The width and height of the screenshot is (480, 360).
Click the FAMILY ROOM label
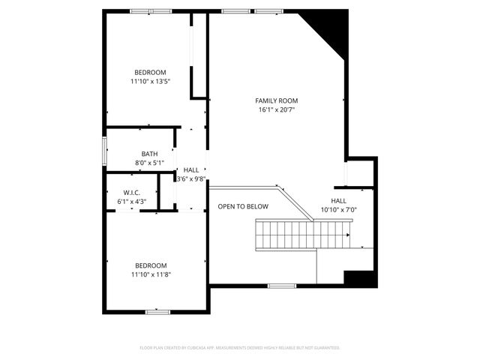277,100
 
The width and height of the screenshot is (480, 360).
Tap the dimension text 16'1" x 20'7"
277,110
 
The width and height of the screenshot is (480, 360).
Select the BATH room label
149,154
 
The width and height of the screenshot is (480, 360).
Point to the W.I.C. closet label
132,192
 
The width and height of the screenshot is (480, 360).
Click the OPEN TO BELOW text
242,206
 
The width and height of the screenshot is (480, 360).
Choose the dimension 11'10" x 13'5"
149,82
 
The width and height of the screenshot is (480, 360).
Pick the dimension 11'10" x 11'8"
150,274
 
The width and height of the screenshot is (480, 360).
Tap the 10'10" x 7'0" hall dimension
338,210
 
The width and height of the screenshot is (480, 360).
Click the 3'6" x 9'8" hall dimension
191,179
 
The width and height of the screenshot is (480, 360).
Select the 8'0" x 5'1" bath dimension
149,163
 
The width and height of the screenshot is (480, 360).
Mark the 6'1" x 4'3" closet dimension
132,201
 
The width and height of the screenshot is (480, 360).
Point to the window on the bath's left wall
105,150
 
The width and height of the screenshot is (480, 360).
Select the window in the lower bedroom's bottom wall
158,312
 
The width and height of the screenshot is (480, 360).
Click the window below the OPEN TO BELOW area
281,286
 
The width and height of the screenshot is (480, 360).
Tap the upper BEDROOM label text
149,72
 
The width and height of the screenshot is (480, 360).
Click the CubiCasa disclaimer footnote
240,348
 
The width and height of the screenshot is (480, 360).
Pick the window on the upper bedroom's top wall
150,11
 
